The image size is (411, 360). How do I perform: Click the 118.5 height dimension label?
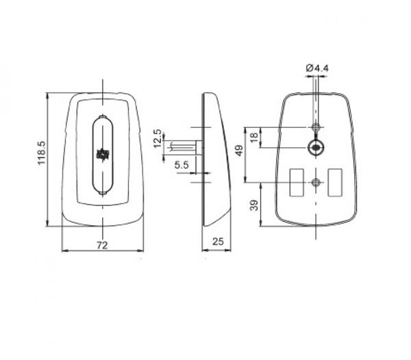42,153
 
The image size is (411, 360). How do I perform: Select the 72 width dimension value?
102,245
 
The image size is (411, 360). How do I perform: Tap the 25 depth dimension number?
218,242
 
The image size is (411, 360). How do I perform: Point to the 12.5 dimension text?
158,138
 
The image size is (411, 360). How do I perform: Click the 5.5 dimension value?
182,165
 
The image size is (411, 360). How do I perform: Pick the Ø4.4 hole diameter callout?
317,68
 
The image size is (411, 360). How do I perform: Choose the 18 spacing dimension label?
254,137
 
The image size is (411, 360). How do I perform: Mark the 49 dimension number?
239,151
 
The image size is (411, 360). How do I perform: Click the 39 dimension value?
254,205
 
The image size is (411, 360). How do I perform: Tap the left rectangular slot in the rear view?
297,183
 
